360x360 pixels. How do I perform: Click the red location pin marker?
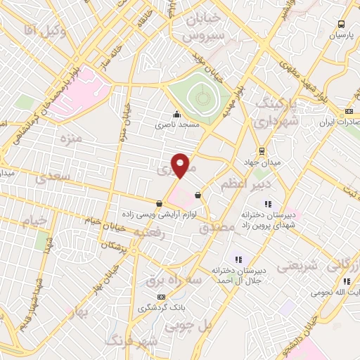[x=181, y=165]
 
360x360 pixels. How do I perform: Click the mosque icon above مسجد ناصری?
[x=176, y=115]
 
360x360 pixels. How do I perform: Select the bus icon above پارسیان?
[x=341, y=23]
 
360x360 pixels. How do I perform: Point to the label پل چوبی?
[x=188, y=326]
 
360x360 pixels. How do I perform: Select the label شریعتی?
[x=299, y=266]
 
